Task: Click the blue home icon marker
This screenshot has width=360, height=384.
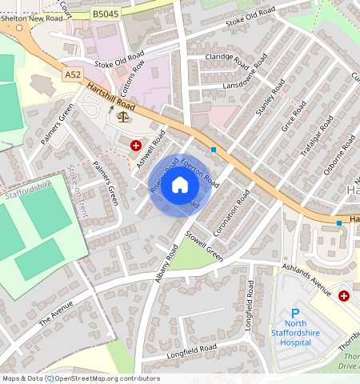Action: click(x=180, y=186)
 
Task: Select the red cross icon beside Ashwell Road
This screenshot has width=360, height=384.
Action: click(x=136, y=146)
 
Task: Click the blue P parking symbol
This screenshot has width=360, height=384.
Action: click(x=294, y=314)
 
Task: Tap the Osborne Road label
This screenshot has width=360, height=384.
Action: click(x=338, y=154)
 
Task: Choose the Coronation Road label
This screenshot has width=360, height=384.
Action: click(x=233, y=210)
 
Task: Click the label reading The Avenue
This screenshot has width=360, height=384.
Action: click(x=55, y=314)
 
